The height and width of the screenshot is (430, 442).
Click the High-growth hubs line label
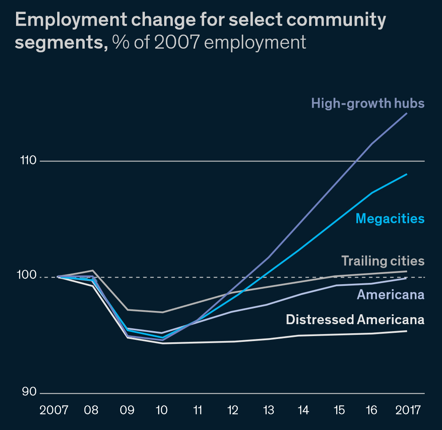tap(368, 103)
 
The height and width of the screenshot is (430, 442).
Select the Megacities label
tap(390, 218)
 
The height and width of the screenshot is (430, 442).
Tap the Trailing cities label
tap(383, 261)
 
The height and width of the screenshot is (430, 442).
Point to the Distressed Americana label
tap(355, 320)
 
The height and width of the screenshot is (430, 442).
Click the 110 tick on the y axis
tap(28, 161)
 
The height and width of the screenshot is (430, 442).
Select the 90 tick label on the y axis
tap(29, 392)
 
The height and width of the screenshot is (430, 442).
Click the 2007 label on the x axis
tap(54, 410)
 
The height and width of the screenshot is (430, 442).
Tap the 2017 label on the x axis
tap(408, 410)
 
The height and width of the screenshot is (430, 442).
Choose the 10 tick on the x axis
tap(162, 410)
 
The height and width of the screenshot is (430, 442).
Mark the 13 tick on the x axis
tap(268, 410)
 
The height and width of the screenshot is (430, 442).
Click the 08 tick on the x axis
tap(91, 410)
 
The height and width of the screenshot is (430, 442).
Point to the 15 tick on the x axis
tap(339, 410)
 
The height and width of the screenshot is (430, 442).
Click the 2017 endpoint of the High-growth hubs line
tap(407, 113)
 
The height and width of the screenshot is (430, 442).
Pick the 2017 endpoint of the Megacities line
tap(407, 174)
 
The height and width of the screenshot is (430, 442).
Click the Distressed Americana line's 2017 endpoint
tap(407, 331)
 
